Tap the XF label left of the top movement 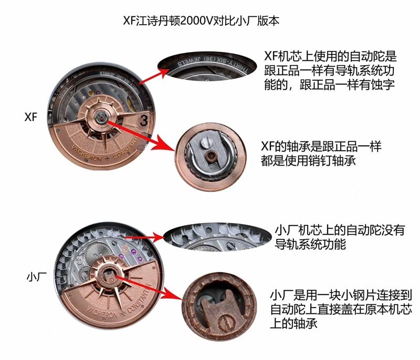[x=31, y=117]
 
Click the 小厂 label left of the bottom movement [x=37, y=277]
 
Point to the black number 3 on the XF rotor [x=144, y=121]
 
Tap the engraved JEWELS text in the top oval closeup [x=189, y=61]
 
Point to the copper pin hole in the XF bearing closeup [x=211, y=156]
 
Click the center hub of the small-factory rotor [x=109, y=275]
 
